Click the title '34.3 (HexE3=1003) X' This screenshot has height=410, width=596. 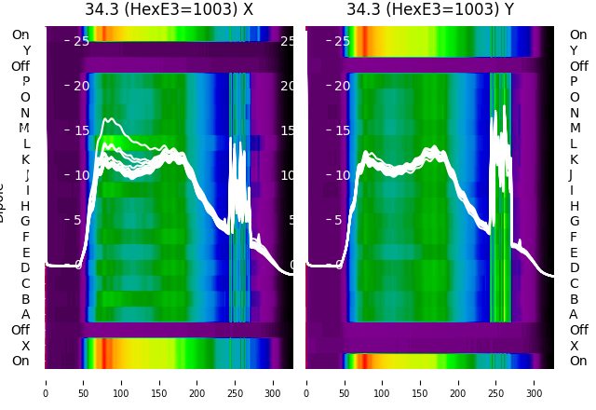pos(169,10)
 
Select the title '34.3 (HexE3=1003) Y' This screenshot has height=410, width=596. pos(430,10)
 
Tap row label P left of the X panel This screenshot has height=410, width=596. pos(26,82)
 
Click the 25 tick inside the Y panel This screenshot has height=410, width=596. pos(342,41)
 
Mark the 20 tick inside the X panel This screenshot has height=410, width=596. pos(81,86)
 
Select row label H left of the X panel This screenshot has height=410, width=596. pos(26,206)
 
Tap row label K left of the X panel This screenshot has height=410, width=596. pos(26,159)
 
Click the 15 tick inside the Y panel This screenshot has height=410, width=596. pos(342,130)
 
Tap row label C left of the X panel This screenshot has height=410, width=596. pos(26,283)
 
